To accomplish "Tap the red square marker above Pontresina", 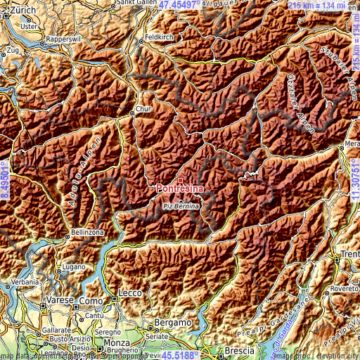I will (180, 180).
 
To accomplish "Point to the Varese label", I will (56, 301).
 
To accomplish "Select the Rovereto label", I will (343, 288).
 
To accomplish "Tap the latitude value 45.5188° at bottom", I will (180, 355).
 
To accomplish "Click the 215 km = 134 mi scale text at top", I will (323, 5).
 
